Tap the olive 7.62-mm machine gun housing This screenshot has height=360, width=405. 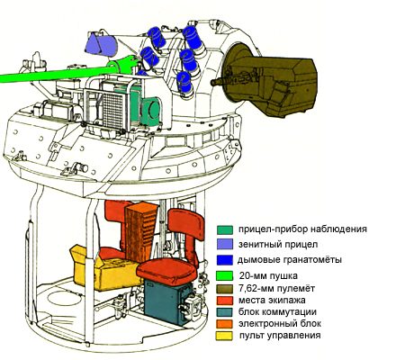tap(270, 81)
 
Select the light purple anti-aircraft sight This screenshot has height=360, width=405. tap(101, 45)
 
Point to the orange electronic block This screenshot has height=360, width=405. tap(140, 231)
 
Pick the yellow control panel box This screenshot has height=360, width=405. tap(103, 268)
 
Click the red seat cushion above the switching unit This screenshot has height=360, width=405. tap(166, 272)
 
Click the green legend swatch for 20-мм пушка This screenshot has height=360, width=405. tap(224, 275)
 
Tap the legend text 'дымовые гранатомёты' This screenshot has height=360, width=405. tap(290, 260)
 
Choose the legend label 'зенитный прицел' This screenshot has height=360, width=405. tap(278, 244)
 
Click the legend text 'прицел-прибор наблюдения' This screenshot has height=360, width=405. tap(302, 229)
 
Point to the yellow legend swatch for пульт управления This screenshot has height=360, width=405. tap(224, 336)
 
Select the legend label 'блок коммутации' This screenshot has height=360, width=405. tap(277, 312)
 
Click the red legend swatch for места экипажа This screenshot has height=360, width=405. tap(224, 301)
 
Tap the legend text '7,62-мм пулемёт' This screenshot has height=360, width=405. tap(277, 289)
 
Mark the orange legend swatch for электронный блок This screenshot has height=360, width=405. tap(224, 324)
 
